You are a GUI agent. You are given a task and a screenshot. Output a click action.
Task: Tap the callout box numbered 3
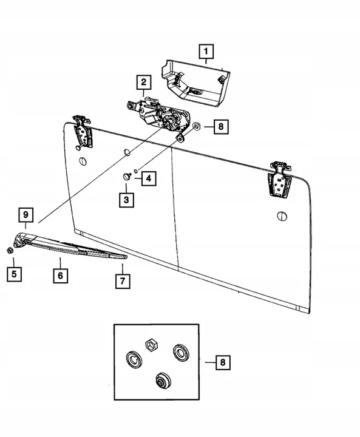point(126,199)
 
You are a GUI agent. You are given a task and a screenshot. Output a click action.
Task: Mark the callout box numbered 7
point(122,281)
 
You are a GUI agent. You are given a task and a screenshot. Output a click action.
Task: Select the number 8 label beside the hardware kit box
point(223,363)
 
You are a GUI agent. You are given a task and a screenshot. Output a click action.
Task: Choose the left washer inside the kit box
point(132,358)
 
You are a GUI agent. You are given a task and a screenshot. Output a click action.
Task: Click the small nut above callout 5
point(10,250)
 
